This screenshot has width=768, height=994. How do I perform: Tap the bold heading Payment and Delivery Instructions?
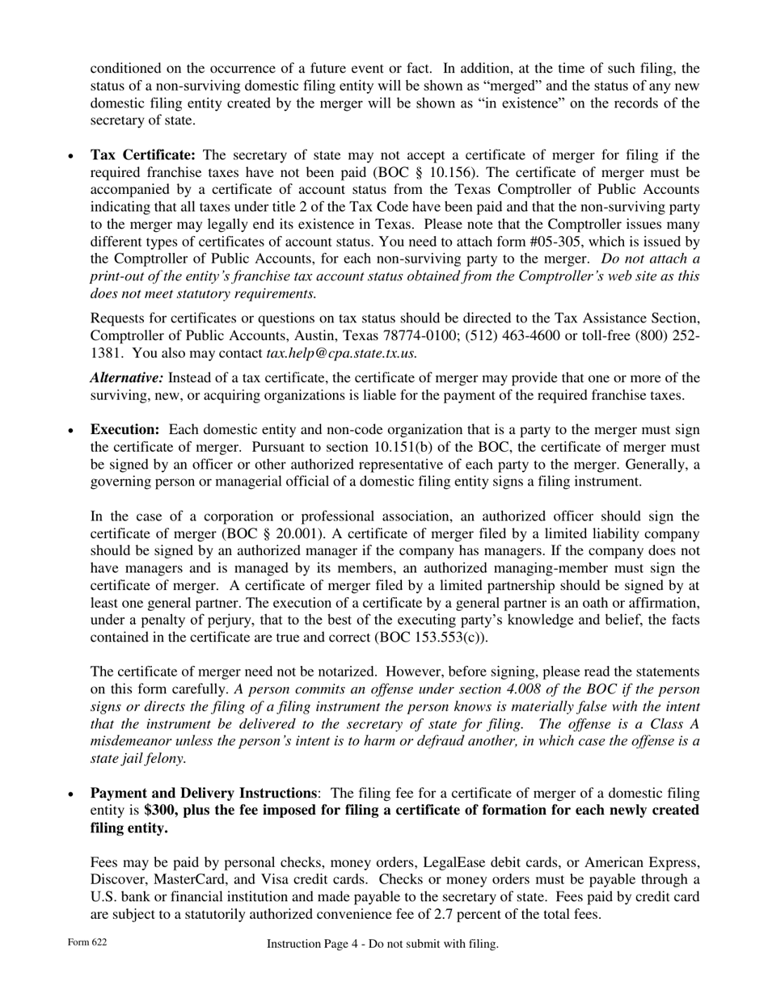(x=203, y=794)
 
